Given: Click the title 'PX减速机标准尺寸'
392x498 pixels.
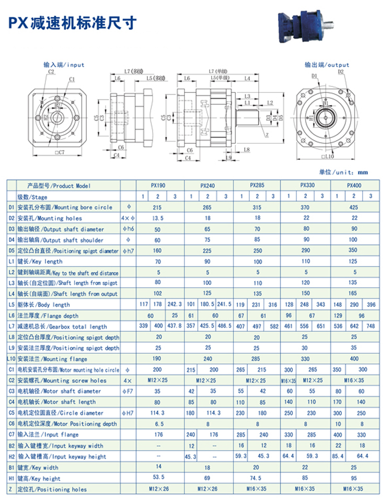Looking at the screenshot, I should (73, 22).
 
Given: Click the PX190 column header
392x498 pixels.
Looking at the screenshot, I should (159, 186).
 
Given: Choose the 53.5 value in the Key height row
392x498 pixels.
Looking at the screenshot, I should (159, 478).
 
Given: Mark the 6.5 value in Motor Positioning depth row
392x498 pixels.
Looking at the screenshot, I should (159, 424).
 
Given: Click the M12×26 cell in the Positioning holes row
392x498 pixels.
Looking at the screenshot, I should (159, 489).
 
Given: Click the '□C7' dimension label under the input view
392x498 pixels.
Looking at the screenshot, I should (59, 153).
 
